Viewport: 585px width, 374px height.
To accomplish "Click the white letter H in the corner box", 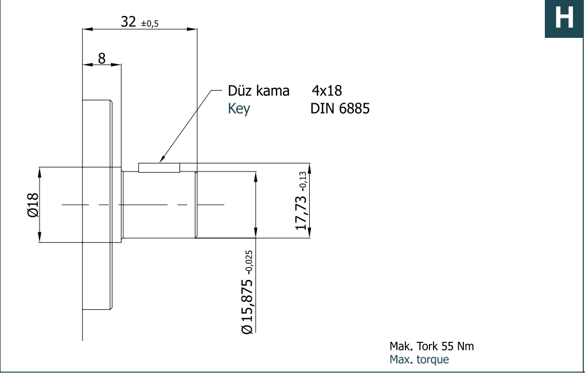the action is [x=564, y=18].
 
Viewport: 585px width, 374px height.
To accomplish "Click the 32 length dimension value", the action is [x=128, y=22].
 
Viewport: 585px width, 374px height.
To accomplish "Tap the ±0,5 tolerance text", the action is [x=150, y=24].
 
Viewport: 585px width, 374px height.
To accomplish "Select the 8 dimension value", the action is [x=102, y=59].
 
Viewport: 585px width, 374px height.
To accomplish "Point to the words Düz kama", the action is [x=259, y=91].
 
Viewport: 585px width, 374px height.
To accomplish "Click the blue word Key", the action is [x=239, y=108].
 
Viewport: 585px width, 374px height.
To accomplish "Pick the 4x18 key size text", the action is [x=327, y=91].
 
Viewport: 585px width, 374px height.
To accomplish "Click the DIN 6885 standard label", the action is [x=340, y=108].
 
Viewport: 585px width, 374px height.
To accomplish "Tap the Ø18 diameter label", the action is [x=33, y=205].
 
